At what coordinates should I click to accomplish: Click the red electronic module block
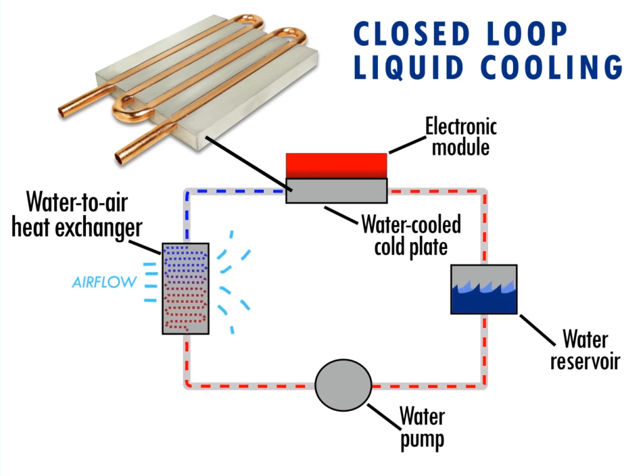click(336, 166)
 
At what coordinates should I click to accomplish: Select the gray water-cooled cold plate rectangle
click(336, 191)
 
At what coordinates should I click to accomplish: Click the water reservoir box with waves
click(484, 289)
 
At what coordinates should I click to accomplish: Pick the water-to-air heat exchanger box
click(185, 288)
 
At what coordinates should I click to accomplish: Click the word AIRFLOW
click(104, 282)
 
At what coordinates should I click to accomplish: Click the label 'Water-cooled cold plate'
click(411, 235)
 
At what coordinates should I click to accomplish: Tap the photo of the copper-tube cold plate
click(188, 82)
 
